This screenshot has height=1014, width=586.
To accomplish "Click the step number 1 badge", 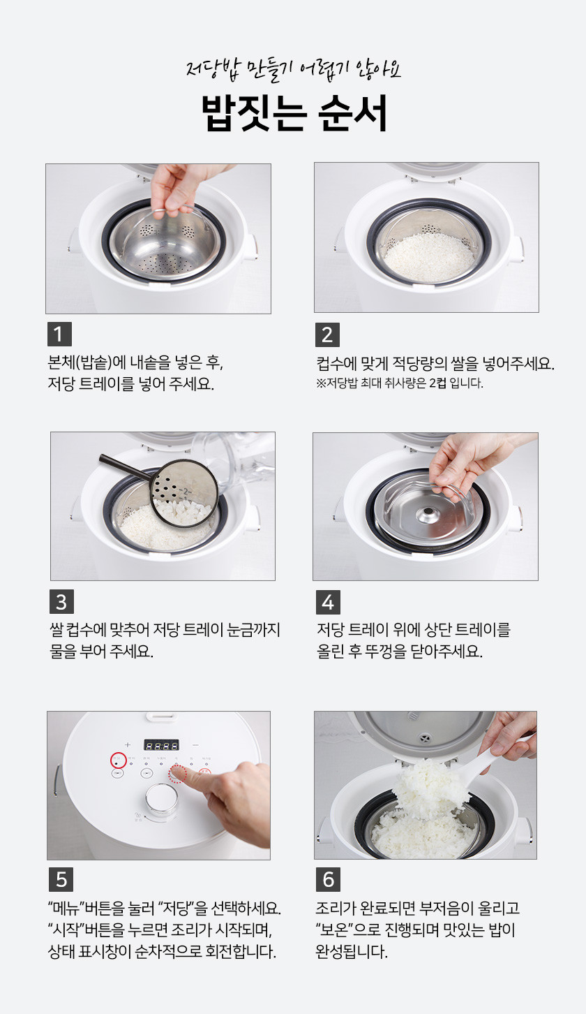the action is (59, 334).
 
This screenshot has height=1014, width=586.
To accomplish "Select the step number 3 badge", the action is (61, 601).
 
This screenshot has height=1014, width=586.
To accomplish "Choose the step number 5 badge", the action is (61, 879).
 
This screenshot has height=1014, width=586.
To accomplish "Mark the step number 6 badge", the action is (329, 879).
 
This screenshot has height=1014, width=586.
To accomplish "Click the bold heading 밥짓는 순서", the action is (294, 113).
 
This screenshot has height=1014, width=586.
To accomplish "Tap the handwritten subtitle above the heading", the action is (293, 70).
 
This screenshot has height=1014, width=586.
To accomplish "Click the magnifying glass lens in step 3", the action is (184, 494).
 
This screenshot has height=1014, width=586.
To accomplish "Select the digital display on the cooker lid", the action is (161, 744).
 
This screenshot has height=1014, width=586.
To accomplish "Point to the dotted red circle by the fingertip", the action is (177, 774).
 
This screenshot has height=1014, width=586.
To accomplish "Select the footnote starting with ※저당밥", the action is (400, 383).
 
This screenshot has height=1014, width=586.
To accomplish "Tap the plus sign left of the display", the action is (128, 744).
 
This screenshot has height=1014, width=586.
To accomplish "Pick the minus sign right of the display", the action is (195, 744).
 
